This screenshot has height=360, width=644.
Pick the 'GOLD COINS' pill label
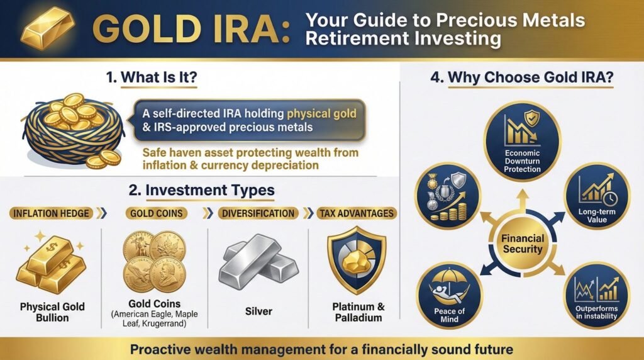click(156, 213)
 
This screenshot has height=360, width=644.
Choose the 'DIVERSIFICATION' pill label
click(258, 213)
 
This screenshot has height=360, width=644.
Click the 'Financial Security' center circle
click(522, 243)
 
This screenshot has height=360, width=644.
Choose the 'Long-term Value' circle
click(595, 198)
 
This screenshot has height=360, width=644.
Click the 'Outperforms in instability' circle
click(596, 294)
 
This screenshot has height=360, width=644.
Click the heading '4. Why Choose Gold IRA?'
click(521, 79)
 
